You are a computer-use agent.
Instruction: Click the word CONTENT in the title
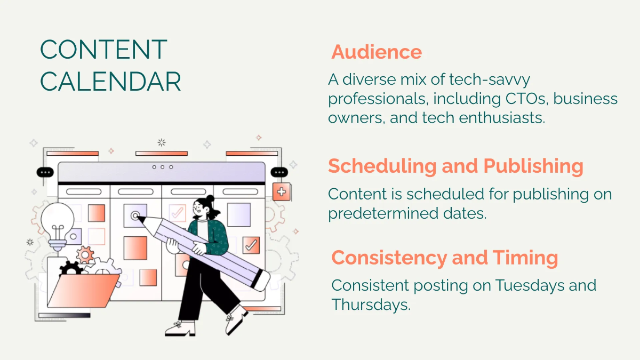[103, 50]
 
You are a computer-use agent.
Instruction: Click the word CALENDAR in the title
[110, 82]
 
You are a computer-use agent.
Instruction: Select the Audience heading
[376, 52]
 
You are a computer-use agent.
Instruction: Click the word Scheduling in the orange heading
[382, 166]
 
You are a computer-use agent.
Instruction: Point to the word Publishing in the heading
[533, 166]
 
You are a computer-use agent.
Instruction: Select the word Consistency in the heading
[389, 258]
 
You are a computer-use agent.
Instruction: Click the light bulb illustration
[57, 224]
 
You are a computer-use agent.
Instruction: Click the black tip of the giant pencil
[259, 280]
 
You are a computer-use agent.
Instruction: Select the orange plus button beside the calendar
[281, 191]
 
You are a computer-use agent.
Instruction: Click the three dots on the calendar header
[162, 167]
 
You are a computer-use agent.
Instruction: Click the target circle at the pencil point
[135, 216]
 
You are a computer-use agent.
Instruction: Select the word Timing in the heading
[525, 258]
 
